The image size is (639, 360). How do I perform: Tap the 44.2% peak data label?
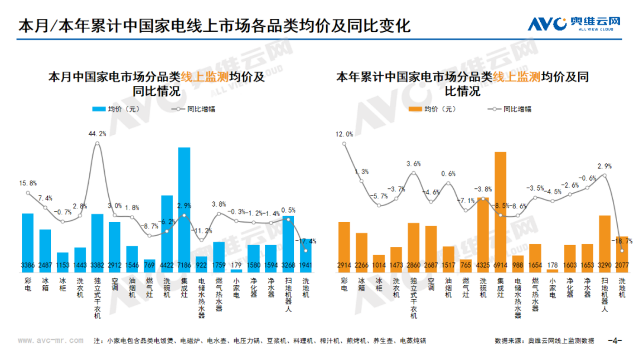pyautogui.click(x=97, y=134)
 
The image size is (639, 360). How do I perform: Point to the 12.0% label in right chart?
pyautogui.click(x=344, y=134)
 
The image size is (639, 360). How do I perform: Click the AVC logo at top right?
pyautogui.click(x=574, y=24)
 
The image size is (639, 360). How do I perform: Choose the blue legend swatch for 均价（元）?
pyautogui.click(x=99, y=109)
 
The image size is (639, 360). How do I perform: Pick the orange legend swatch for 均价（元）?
pyautogui.click(x=415, y=109)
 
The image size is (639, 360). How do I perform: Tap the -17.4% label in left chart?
pyautogui.click(x=307, y=241)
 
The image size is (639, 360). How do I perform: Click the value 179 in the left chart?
pyautogui.click(x=236, y=265)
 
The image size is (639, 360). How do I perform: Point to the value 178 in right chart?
pyautogui.click(x=552, y=265)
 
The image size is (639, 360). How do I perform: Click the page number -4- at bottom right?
pyautogui.click(x=614, y=341)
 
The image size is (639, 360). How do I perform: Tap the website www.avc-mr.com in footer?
pyautogui.click(x=51, y=340)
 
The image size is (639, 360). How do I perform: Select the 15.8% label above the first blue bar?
pyautogui.click(x=28, y=183)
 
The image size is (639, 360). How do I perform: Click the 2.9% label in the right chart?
pyautogui.click(x=604, y=166)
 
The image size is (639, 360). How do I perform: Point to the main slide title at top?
pyautogui.click(x=214, y=26)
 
